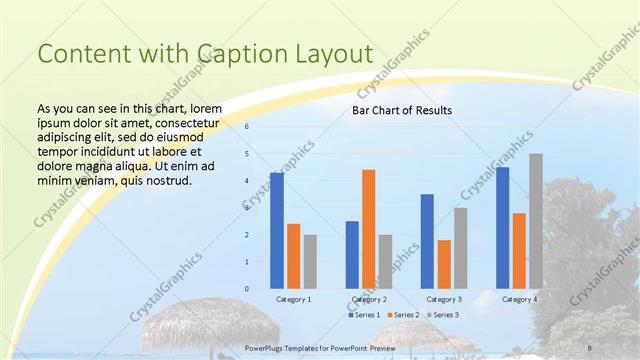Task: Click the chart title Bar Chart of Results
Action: [x=401, y=110]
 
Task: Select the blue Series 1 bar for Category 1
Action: [x=277, y=231]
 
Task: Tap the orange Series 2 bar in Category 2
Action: [x=368, y=229]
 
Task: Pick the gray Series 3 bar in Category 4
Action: [x=536, y=221]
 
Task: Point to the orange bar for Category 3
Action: [x=444, y=264]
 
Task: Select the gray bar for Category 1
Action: [x=310, y=262]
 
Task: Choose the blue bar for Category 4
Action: [x=502, y=228]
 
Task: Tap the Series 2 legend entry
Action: [x=403, y=315]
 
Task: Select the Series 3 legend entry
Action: [x=443, y=315]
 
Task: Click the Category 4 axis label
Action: [x=519, y=299]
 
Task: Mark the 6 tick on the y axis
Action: [x=247, y=127]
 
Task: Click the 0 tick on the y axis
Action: [x=247, y=289]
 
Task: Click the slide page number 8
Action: [x=587, y=346]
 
